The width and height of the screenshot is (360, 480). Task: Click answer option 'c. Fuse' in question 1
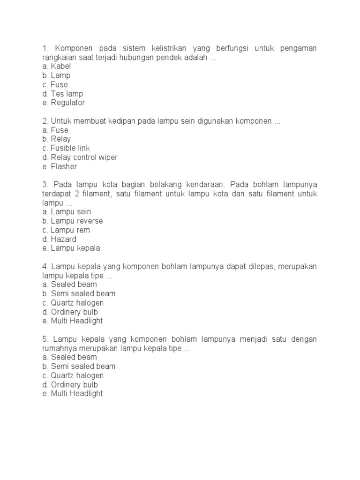pos(55,84)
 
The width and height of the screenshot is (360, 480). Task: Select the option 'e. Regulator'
pos(63,103)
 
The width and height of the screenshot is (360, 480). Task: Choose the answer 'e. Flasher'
pos(59,166)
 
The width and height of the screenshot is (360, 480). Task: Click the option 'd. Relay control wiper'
pos(80,157)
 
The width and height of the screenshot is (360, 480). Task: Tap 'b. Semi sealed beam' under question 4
pos(78,293)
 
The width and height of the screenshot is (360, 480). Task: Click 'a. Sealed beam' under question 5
pos(69,357)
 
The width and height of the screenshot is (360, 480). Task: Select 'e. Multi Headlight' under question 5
pos(72,394)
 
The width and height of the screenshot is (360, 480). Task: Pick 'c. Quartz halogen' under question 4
pos(73,303)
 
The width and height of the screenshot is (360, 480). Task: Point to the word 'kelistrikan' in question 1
pos(168,48)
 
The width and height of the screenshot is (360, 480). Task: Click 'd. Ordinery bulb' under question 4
pos(70,312)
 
